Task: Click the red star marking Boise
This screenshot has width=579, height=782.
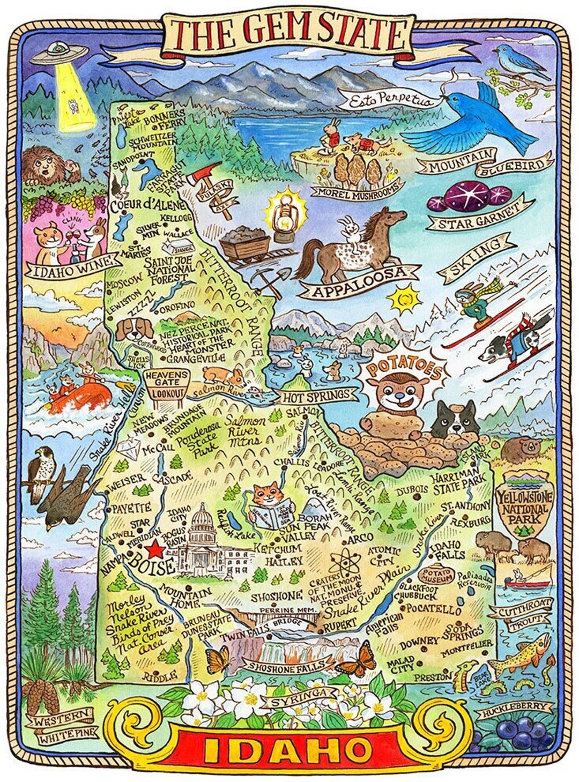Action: pos(155,548)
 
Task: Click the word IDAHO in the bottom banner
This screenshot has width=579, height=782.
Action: pos(289,750)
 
